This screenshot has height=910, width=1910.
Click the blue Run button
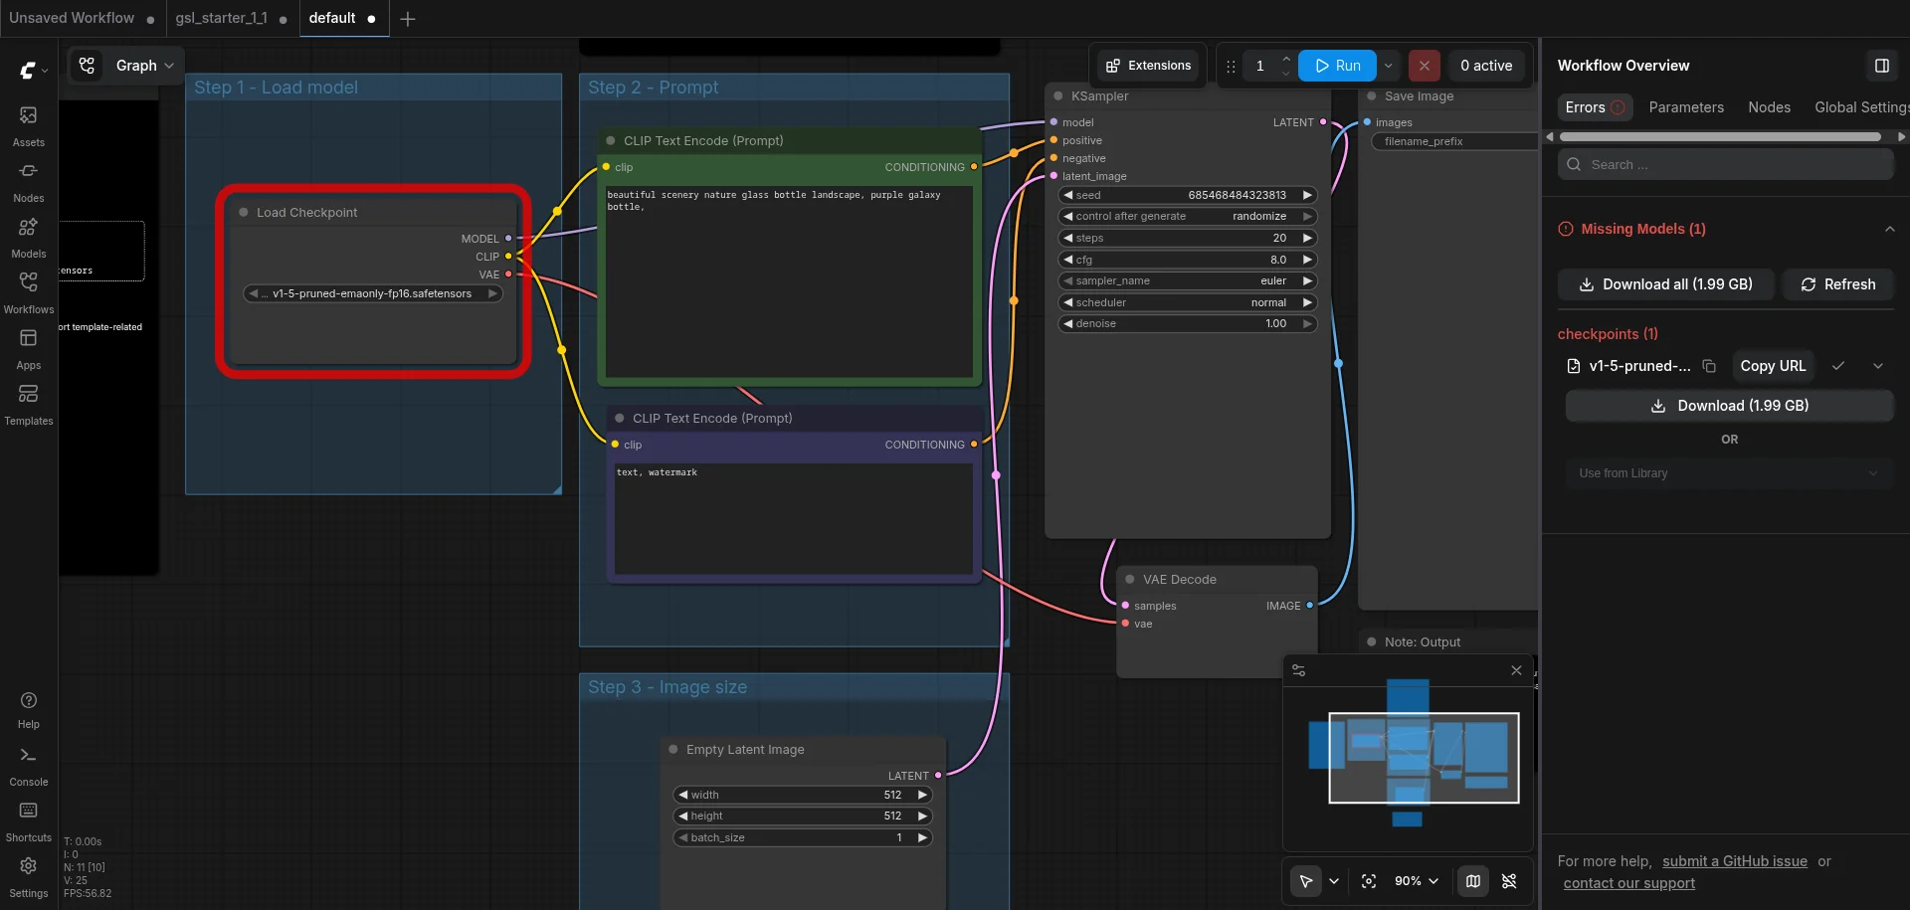pyautogui.click(x=1337, y=66)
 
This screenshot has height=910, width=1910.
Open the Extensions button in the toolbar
pyautogui.click(x=1148, y=66)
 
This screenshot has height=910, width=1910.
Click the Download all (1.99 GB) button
pyautogui.click(x=1666, y=284)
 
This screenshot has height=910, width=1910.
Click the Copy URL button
pyautogui.click(x=1773, y=366)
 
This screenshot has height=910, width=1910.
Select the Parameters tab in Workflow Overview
pyautogui.click(x=1686, y=107)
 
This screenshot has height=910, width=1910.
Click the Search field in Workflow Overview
pyautogui.click(x=1726, y=165)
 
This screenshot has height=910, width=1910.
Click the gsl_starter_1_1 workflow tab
pyautogui.click(x=221, y=18)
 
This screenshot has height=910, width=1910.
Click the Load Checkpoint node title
pyautogui.click(x=306, y=213)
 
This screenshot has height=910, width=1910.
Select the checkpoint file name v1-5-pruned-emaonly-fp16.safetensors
pyautogui.click(x=372, y=293)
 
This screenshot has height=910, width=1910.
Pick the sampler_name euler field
pyautogui.click(x=1187, y=280)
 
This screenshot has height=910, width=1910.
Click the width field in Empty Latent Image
pyautogui.click(x=802, y=795)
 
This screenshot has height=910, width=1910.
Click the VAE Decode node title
pyautogui.click(x=1179, y=580)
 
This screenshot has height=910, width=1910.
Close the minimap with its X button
pyautogui.click(x=1516, y=670)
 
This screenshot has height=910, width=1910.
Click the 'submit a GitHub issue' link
pyautogui.click(x=1734, y=861)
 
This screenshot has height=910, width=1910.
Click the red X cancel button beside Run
pyautogui.click(x=1424, y=66)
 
